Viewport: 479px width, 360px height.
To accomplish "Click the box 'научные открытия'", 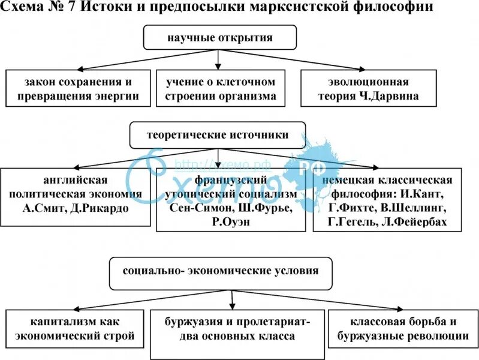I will (x=219, y=38).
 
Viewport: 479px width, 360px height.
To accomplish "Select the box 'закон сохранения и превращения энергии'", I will (x=78, y=88).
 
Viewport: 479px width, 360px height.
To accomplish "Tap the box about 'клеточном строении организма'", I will (x=221, y=88).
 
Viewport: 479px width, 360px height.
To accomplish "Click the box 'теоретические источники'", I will (x=218, y=135).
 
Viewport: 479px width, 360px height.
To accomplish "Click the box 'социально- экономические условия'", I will (x=221, y=271).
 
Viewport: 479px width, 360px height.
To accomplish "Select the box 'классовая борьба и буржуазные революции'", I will (x=402, y=329).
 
